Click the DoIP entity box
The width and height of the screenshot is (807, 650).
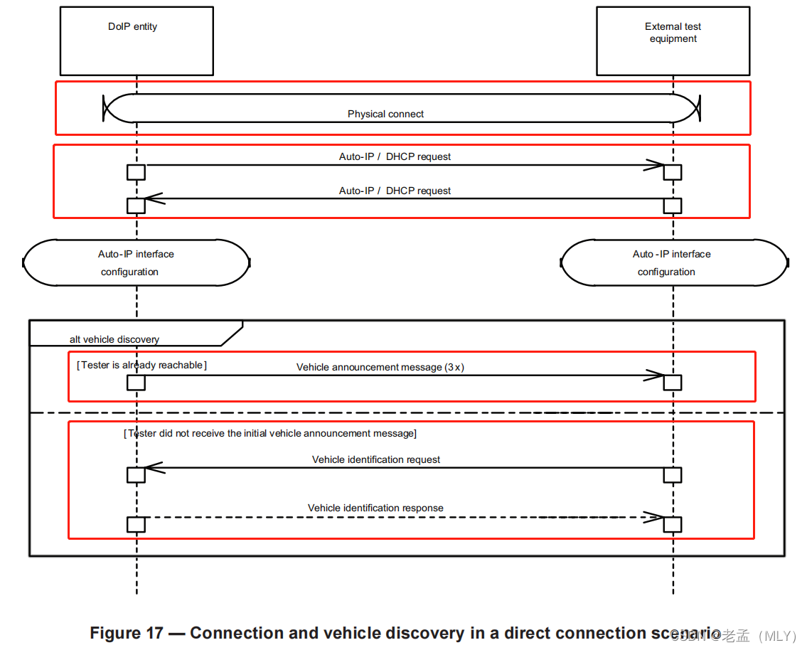[137, 41]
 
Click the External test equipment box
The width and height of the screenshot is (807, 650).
[673, 41]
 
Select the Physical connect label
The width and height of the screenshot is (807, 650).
[385, 114]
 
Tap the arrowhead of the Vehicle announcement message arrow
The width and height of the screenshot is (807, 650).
[654, 375]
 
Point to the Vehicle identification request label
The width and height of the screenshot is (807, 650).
[375, 459]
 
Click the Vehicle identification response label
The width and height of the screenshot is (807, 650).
[375, 508]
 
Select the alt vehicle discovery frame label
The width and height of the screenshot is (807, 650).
[114, 339]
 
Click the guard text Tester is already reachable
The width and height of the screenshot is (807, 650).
[141, 365]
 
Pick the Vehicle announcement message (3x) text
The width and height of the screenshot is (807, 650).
[380, 367]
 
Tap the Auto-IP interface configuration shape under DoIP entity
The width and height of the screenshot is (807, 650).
[136, 262]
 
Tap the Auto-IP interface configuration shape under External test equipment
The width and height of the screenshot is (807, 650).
[673, 262]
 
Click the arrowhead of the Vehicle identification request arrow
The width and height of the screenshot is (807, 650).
[154, 468]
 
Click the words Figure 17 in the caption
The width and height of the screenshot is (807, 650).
[126, 633]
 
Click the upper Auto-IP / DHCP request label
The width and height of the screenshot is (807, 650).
[395, 156]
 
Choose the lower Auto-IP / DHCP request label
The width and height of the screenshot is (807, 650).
[395, 191]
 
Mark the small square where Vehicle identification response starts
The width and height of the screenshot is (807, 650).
[136, 524]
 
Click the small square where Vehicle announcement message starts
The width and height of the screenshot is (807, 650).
[136, 383]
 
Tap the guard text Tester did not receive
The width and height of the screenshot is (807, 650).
[269, 433]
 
